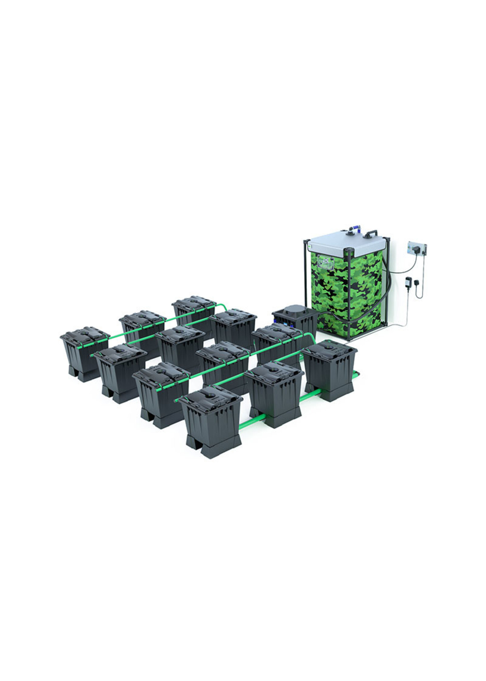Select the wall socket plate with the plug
(x=417, y=249)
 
